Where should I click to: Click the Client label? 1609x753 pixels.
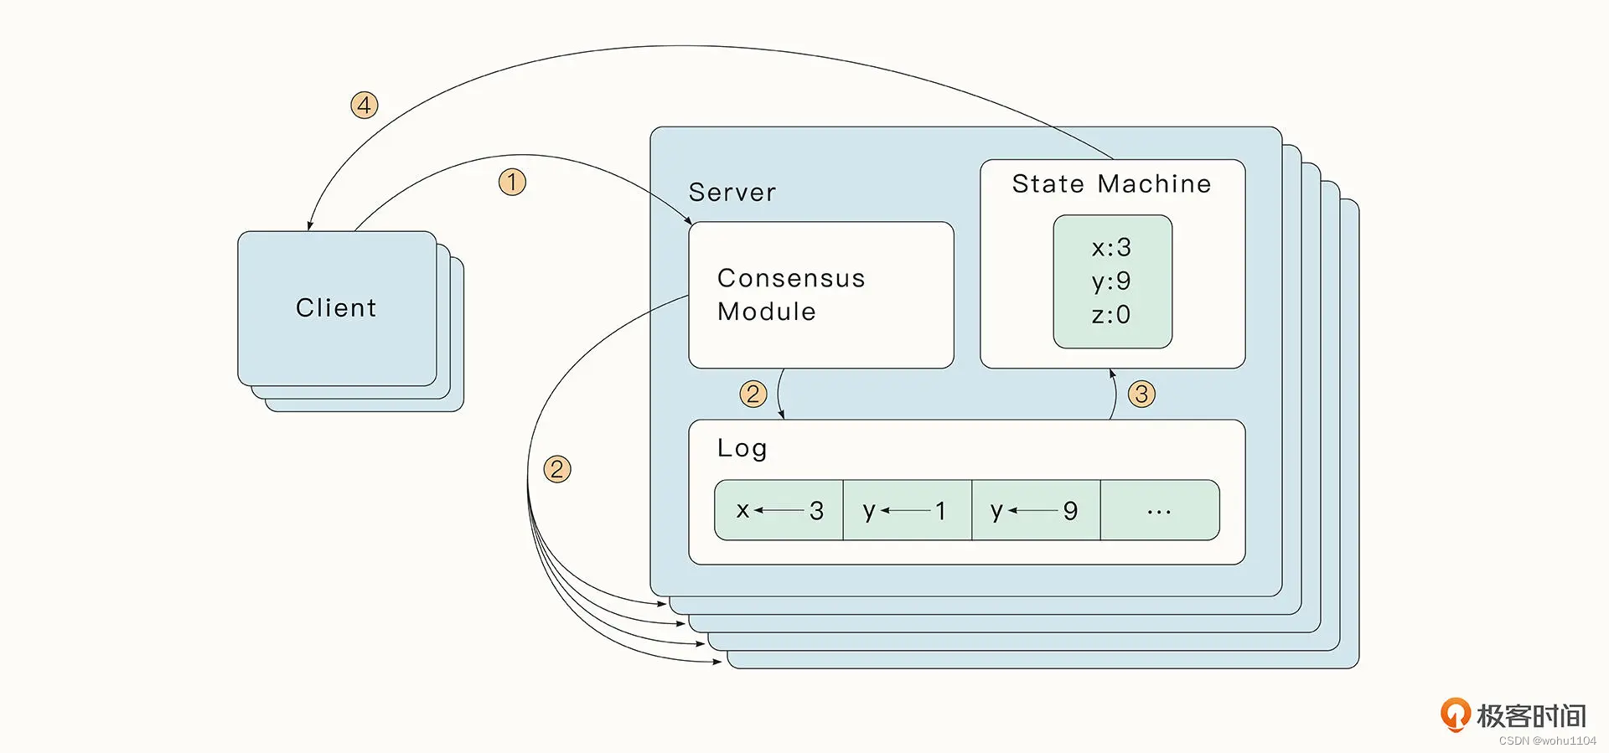point(336,308)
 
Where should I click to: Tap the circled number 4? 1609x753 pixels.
point(364,105)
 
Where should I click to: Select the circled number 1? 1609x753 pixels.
point(512,182)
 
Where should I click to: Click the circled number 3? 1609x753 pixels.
point(1141,394)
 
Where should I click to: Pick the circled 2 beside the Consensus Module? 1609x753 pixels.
point(753,394)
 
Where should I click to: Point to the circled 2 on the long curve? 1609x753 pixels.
point(557,468)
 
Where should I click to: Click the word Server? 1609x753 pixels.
point(732,193)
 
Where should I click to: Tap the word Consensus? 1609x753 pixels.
point(790,278)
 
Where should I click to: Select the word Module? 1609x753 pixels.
point(766,312)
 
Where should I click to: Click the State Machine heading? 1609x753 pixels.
point(1111,184)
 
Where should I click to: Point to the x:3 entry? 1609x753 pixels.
point(1111,248)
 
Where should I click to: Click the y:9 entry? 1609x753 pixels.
point(1111,281)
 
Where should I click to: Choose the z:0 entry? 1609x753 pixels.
point(1111,315)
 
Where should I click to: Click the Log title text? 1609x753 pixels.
point(742,448)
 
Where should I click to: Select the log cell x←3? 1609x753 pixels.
point(779,510)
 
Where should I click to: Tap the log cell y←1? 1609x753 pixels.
point(907,510)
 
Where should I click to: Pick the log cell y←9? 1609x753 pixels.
point(1035,510)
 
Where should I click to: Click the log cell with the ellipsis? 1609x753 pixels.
point(1159,510)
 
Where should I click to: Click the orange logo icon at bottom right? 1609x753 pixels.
point(1455,714)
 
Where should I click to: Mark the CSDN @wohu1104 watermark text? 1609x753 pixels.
point(1547,741)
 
